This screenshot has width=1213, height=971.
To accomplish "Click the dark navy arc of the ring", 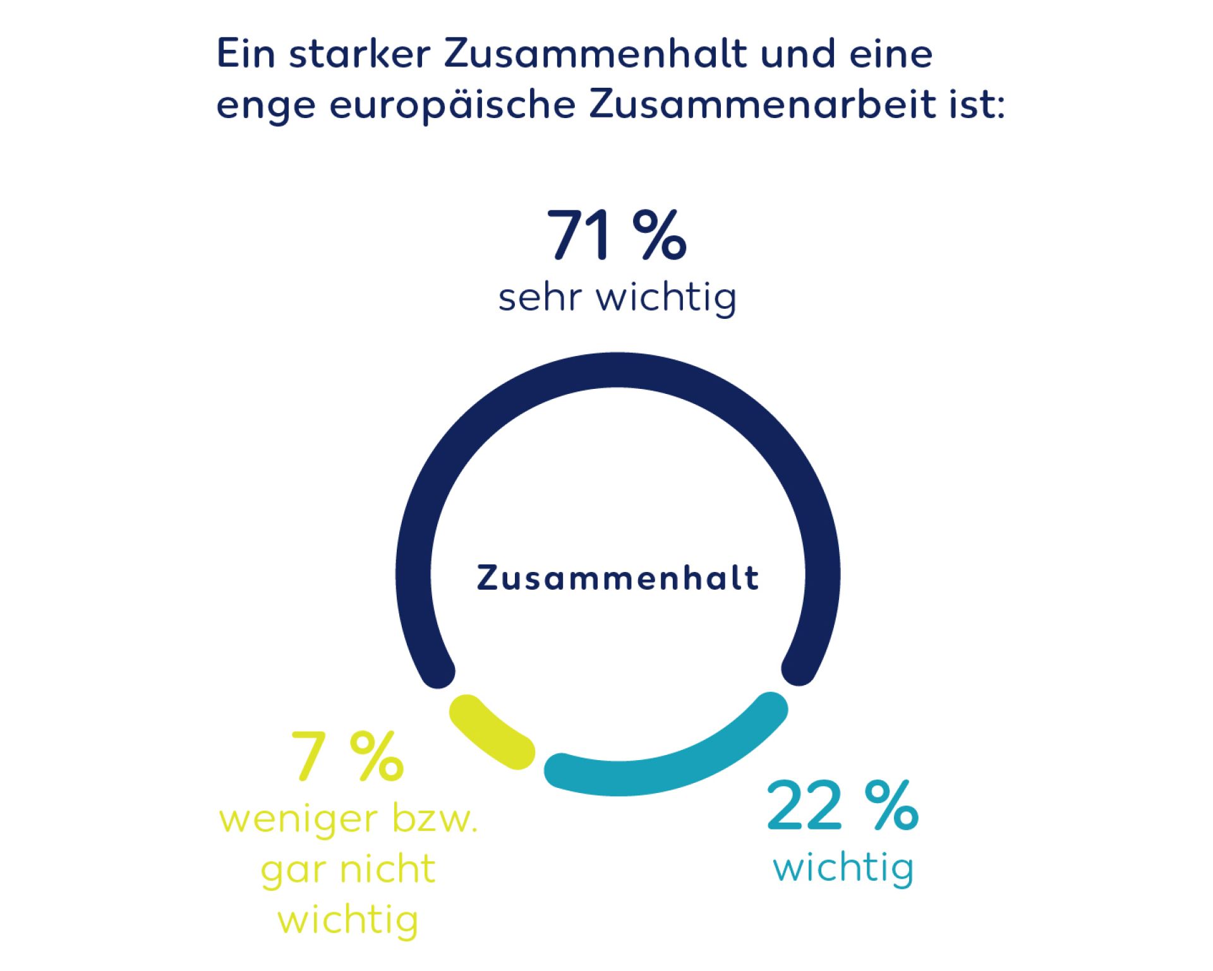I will (x=618, y=370).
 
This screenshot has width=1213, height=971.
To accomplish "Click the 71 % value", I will (x=616, y=235).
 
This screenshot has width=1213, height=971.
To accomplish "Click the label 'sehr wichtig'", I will (x=617, y=297).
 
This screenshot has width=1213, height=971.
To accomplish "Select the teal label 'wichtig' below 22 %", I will (x=843, y=868).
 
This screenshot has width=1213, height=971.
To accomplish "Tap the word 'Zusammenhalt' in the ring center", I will (x=618, y=578).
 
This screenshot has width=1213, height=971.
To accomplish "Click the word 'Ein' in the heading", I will (x=246, y=54).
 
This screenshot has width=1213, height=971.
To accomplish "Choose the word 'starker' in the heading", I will (x=359, y=54).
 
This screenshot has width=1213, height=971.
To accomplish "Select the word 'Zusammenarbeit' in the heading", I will (x=763, y=104).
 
